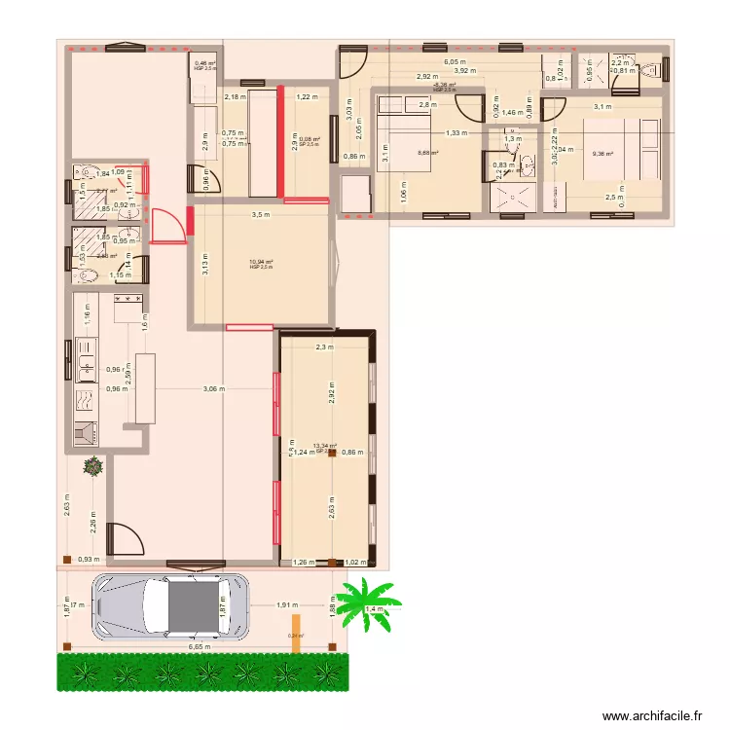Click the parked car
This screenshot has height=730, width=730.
(170, 606)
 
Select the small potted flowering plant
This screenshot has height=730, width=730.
(93, 467)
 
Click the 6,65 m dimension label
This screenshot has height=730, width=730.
(200, 645)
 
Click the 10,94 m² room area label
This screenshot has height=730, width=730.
(261, 261)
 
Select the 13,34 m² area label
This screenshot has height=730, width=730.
(325, 447)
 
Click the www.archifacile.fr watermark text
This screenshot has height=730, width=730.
(651, 715)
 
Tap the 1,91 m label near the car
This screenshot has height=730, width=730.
(287, 604)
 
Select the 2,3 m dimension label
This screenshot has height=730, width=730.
(324, 346)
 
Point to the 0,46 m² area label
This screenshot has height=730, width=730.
(204, 64)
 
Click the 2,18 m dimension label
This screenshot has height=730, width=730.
(234, 96)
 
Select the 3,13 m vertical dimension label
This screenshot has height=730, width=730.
(204, 266)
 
